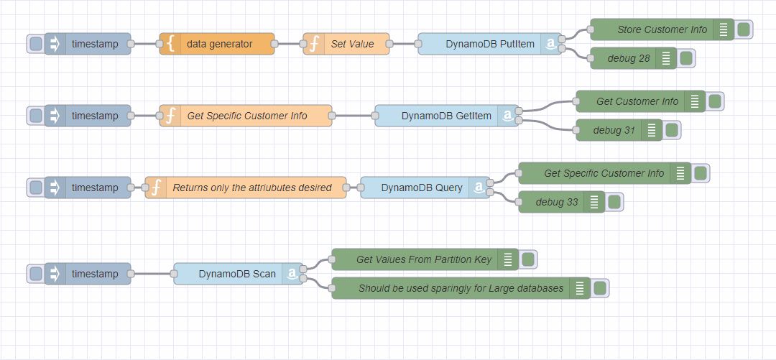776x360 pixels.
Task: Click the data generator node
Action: pyautogui.click(x=219, y=44)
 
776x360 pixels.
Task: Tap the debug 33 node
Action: pyautogui.click(x=556, y=202)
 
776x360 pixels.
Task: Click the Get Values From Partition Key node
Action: pyautogui.click(x=424, y=259)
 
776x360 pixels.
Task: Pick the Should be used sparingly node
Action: pyautogui.click(x=460, y=288)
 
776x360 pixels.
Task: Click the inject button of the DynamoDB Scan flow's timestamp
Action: pyautogui.click(x=35, y=274)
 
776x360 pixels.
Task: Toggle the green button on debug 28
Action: pyautogui.click(x=686, y=58)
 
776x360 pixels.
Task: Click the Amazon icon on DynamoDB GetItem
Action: pyautogui.click(x=508, y=116)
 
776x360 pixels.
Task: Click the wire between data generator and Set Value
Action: pyautogui.click(x=289, y=44)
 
